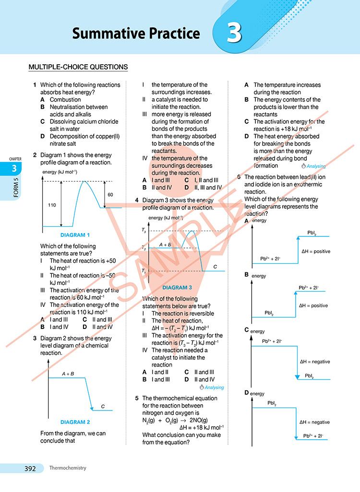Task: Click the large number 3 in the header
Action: [234, 33]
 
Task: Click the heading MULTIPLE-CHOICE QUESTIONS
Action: [78, 67]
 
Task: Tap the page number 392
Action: [30, 469]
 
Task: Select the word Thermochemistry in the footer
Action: [67, 468]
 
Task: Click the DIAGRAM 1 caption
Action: [75, 235]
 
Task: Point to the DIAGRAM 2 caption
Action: [75, 422]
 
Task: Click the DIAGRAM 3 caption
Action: [177, 288]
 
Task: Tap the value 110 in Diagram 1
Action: [52, 205]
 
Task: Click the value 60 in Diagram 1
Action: [110, 195]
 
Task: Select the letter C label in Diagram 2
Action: [103, 407]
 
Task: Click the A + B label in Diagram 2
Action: [68, 374]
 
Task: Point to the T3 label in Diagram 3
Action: [144, 231]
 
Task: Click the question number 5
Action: [137, 398]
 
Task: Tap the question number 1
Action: [35, 85]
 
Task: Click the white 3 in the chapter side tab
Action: [14, 168]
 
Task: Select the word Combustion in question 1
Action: [65, 100]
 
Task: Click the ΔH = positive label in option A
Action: [315, 251]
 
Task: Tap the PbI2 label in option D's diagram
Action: [272, 404]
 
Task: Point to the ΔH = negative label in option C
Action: [315, 362]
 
